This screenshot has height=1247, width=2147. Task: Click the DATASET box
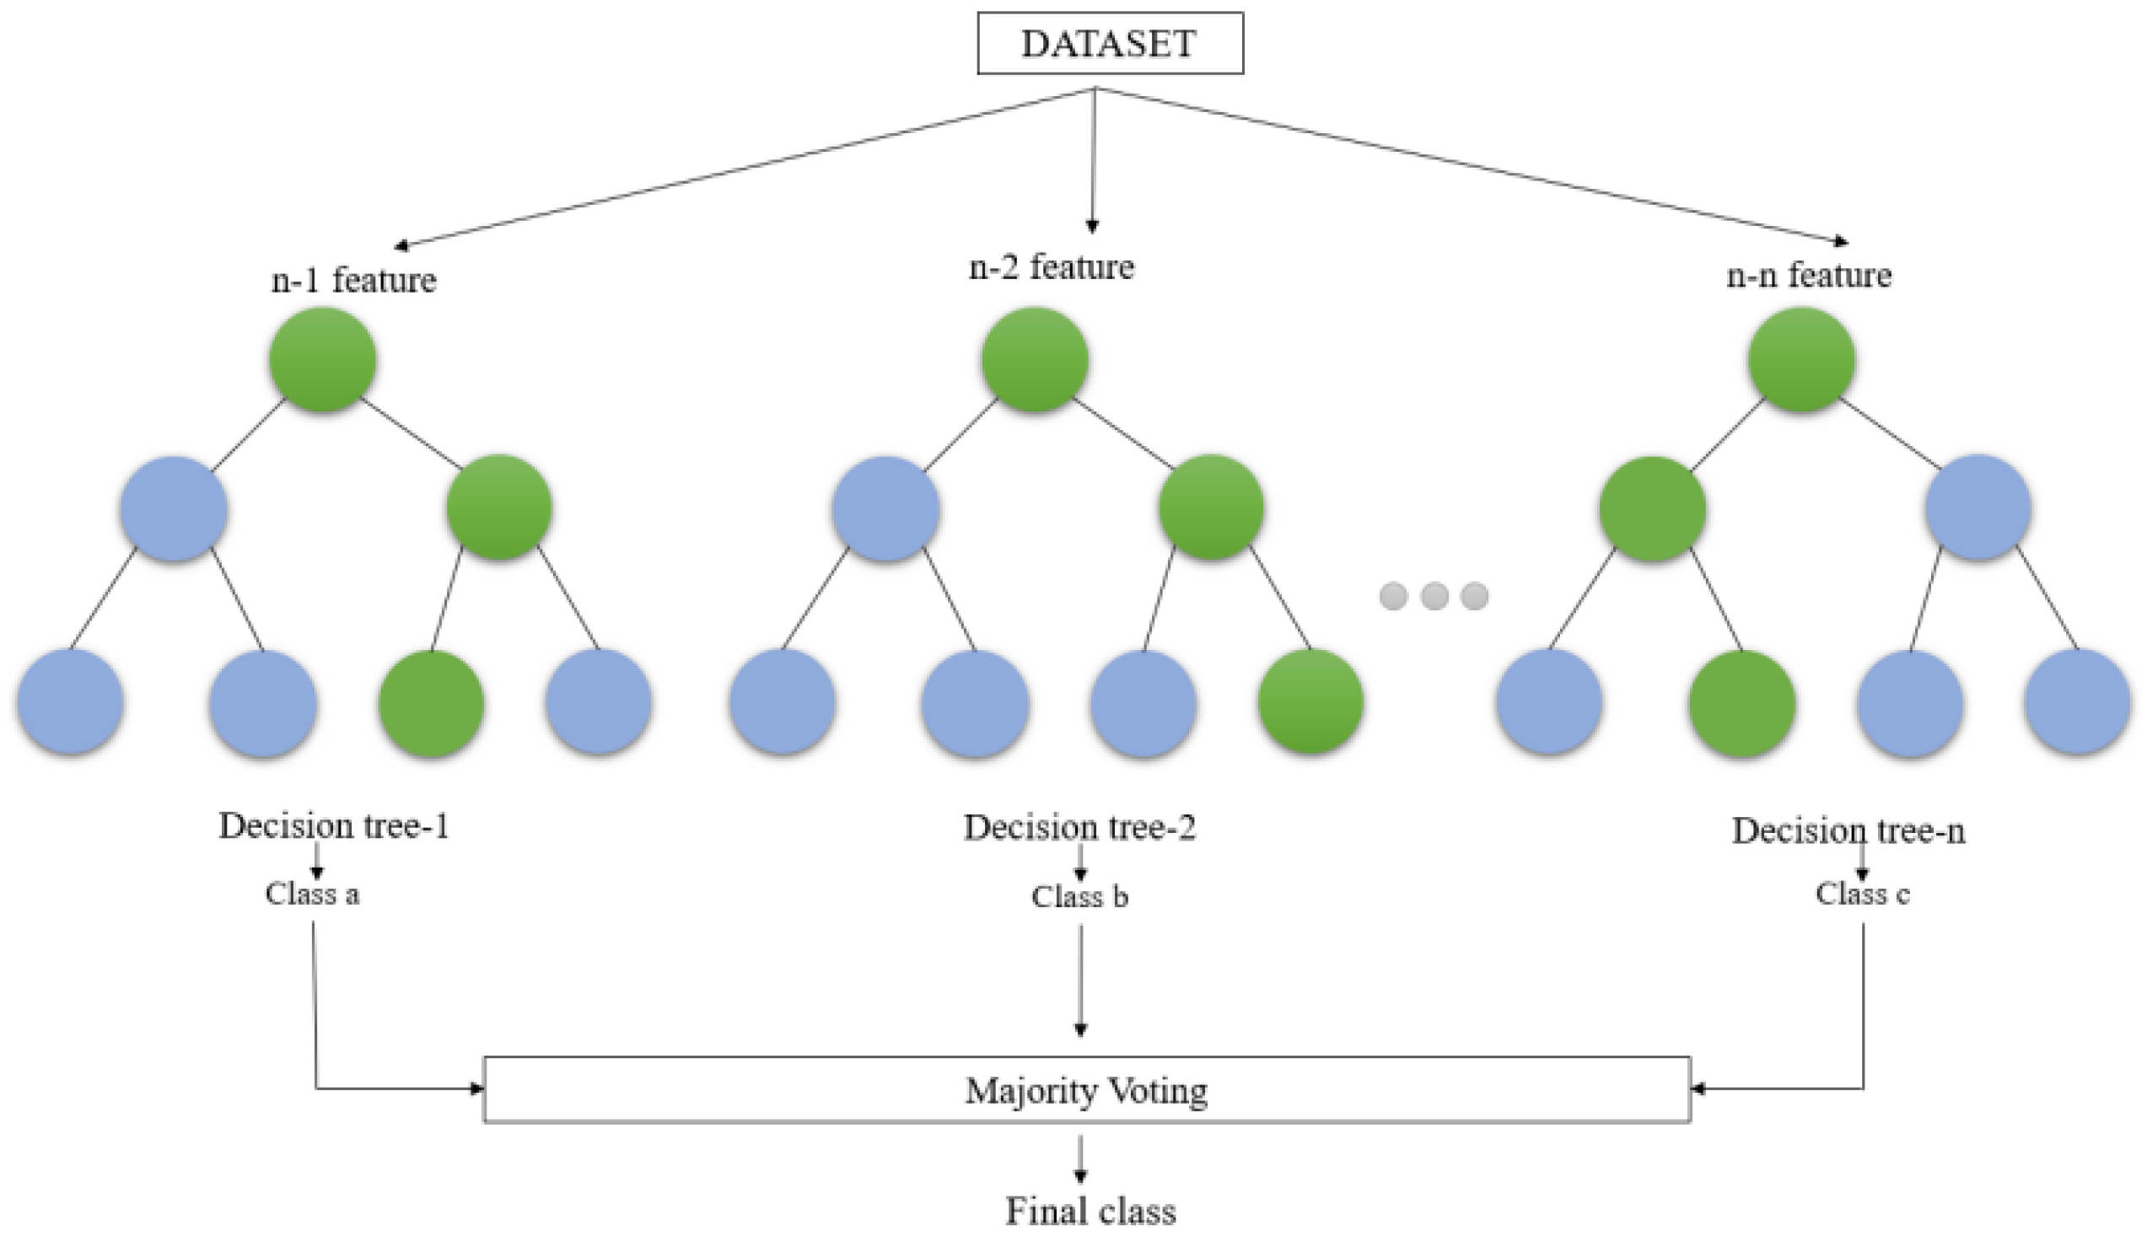coord(1109,44)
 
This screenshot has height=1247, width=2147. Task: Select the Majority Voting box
coord(1086,1090)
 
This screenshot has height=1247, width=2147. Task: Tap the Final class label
coord(1090,1212)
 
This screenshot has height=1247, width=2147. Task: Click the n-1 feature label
coord(353,279)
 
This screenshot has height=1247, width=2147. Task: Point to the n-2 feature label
coord(1052,267)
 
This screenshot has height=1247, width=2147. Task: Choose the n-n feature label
coord(1809,276)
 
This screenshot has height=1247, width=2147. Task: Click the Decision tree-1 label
coord(333,826)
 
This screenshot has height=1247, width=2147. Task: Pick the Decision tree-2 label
coord(1079,828)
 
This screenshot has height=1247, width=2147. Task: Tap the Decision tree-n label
coord(1848,830)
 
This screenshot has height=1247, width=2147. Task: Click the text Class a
coord(312,895)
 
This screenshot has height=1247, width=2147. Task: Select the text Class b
coord(1079,897)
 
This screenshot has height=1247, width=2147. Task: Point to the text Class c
coord(1862,895)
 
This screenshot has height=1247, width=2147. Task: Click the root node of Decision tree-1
coord(323,360)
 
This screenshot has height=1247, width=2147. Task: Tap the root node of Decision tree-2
coord(1035,360)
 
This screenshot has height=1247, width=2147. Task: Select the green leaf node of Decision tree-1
coord(431,703)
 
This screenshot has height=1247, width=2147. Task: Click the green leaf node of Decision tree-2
coord(1310,701)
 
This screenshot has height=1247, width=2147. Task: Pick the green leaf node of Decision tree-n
coord(1741,703)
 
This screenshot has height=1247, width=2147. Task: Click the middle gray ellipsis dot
coord(1434,595)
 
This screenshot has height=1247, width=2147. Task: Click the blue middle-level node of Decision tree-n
coord(1977,508)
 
